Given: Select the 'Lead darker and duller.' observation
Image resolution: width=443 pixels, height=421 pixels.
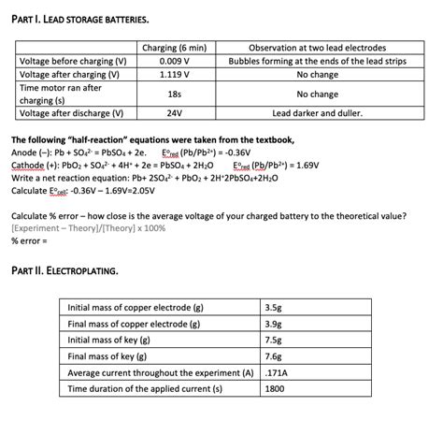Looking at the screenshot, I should point(317,113).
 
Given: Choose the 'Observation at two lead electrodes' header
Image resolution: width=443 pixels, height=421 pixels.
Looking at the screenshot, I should point(317,48).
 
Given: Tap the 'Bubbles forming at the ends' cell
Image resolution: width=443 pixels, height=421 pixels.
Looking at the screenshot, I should point(317,61).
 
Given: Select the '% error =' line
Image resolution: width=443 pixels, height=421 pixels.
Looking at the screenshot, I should point(30,240).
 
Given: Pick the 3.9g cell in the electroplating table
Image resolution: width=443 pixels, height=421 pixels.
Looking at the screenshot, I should point(274,324).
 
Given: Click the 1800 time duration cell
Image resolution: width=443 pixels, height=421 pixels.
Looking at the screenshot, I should point(275,387).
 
